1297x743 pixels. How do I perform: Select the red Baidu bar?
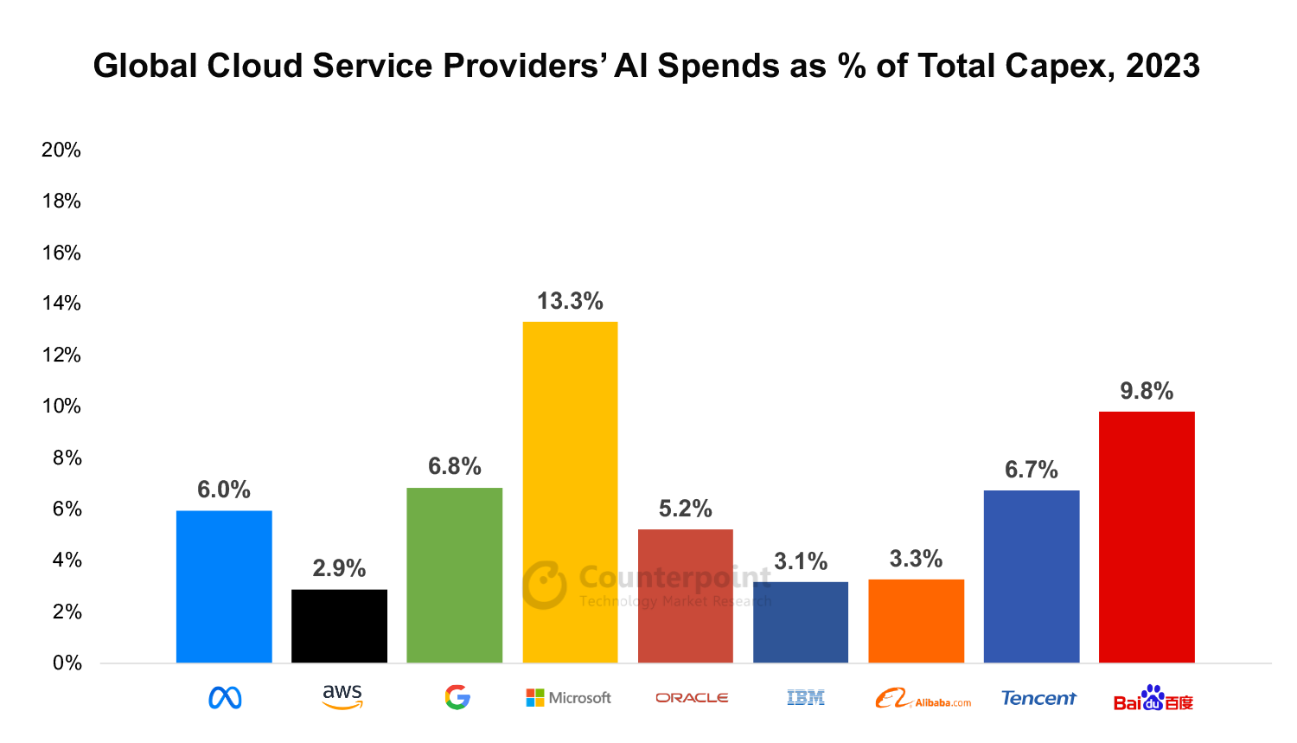pos(1147,536)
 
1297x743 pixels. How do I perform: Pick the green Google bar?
pos(454,574)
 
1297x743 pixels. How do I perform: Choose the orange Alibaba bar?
pos(916,620)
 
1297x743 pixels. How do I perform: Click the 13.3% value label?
pos(570,301)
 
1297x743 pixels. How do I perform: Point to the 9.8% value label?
pos(1147,391)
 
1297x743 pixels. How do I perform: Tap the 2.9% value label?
pos(339,568)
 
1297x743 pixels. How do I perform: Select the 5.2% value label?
pos(685,509)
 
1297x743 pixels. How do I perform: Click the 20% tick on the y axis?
pos(61,150)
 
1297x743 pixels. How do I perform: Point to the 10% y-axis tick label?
pos(61,406)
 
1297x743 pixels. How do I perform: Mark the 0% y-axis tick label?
pos(67,663)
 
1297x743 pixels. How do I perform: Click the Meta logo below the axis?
pos(225,698)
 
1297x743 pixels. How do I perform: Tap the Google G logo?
pos(457,697)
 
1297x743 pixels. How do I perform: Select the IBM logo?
pos(806,697)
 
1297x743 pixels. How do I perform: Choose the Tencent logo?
pos(1038,698)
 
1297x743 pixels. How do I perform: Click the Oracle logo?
pos(692,698)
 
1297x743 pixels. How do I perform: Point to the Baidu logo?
pos(1153,699)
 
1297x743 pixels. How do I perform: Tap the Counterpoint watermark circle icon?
pos(545,585)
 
